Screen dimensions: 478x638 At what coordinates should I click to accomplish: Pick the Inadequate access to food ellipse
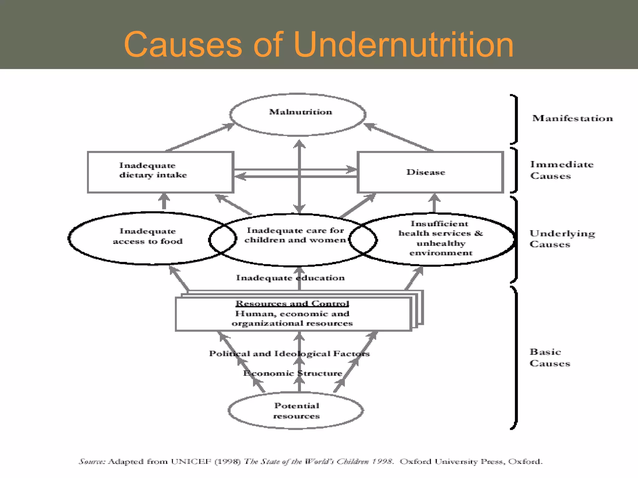coord(148,237)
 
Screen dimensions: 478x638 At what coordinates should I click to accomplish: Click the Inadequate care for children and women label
coord(295,235)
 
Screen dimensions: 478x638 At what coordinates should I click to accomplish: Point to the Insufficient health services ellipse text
coord(440,238)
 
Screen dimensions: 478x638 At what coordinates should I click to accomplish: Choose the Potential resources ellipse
coord(296,411)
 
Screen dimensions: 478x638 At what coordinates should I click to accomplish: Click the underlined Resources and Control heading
coord(292,303)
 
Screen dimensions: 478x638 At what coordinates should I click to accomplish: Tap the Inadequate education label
coord(290,278)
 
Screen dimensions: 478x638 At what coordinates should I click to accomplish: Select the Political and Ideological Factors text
coord(289,354)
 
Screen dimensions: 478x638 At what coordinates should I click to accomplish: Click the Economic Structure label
coord(292,373)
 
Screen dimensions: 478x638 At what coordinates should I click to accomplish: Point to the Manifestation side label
coord(572,119)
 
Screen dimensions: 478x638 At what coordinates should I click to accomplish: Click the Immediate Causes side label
coord(561,170)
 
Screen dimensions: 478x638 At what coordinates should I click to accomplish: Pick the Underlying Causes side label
coord(562,239)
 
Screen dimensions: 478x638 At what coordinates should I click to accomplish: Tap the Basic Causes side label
coord(550,358)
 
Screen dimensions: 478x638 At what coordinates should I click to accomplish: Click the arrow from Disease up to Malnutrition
coord(399,137)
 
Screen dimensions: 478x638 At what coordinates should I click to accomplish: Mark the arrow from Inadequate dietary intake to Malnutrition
coord(199,137)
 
